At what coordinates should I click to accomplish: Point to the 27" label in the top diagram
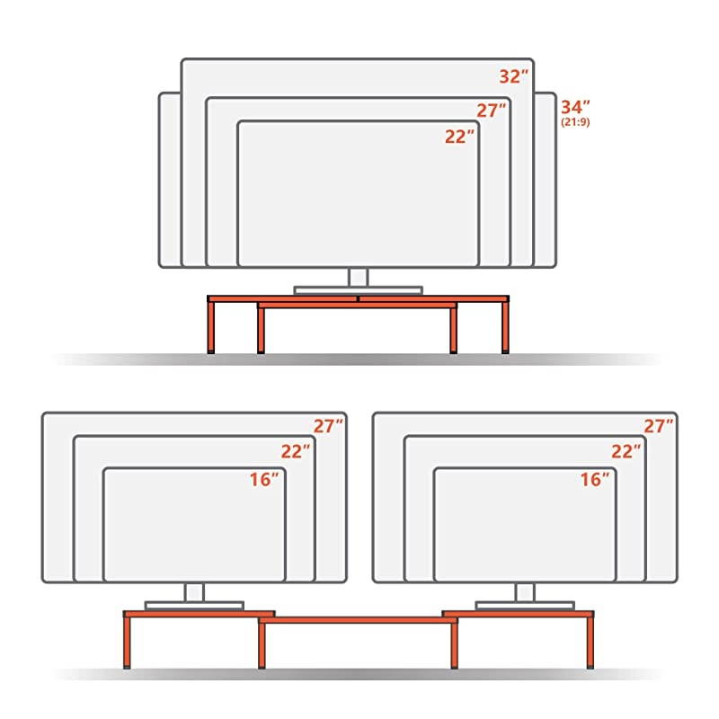tap(492, 111)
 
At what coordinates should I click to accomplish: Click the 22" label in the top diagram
tap(460, 137)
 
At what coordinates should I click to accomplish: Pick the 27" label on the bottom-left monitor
tap(328, 427)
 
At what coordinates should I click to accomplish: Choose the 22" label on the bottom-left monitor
tap(296, 452)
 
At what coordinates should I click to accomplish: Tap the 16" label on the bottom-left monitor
tap(265, 479)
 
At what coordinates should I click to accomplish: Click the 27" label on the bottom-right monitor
tap(659, 427)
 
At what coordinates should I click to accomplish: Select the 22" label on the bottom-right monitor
tap(626, 452)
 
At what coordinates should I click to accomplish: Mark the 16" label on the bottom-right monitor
tap(596, 479)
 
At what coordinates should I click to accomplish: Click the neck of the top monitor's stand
tap(359, 277)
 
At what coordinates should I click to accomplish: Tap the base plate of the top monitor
tap(358, 290)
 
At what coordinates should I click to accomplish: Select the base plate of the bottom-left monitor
tap(194, 605)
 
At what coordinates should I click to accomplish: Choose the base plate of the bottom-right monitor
tap(525, 605)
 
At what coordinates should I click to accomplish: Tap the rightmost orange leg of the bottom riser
tap(590, 642)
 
